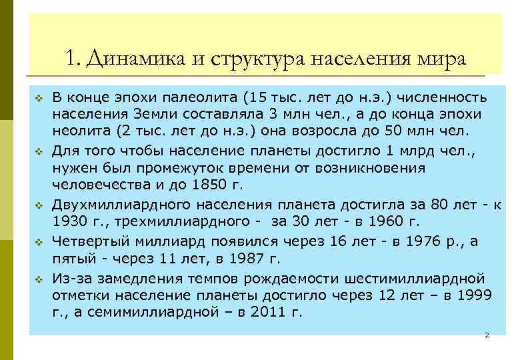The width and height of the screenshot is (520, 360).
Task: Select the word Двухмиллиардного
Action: (x=117, y=204)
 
